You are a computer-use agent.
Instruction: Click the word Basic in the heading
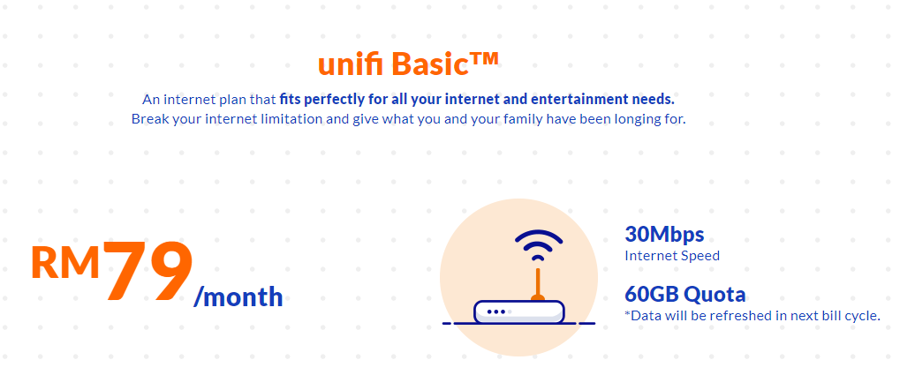pyautogui.click(x=427, y=64)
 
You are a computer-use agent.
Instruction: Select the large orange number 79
pyautogui.click(x=147, y=272)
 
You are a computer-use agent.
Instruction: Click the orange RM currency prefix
pyautogui.click(x=65, y=262)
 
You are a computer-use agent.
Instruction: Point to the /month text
pyautogui.click(x=238, y=296)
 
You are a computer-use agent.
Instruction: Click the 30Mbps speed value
pyautogui.click(x=664, y=235)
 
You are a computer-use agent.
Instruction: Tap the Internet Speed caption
pyautogui.click(x=672, y=256)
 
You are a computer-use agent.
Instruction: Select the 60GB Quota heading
pyautogui.click(x=684, y=294)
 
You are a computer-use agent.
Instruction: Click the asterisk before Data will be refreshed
pyautogui.click(x=628, y=313)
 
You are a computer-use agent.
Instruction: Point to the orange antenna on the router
pyautogui.click(x=535, y=281)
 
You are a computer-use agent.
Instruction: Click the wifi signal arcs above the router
pyautogui.click(x=538, y=244)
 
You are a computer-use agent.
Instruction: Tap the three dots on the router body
pyautogui.click(x=496, y=311)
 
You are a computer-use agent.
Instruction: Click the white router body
pyautogui.click(x=530, y=311)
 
